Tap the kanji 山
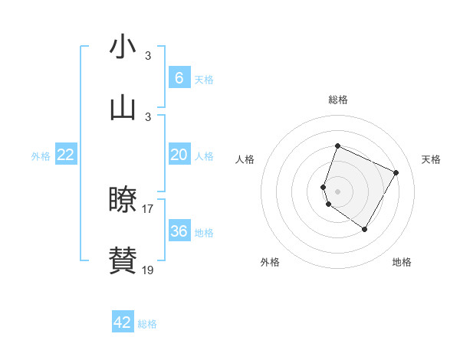click(123, 109)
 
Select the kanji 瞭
click(123, 201)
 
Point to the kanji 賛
click(123, 261)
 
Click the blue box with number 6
click(179, 77)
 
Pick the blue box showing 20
click(179, 155)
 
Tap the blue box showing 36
click(179, 231)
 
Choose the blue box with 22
click(65, 155)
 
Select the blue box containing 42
click(123, 322)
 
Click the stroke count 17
click(148, 208)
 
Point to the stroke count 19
click(148, 270)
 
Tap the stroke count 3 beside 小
click(148, 55)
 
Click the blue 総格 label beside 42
click(147, 324)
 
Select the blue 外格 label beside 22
click(41, 156)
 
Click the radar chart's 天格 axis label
click(431, 159)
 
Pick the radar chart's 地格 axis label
click(402, 263)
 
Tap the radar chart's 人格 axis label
click(245, 159)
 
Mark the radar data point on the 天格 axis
click(396, 172)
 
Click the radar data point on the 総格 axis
click(337, 146)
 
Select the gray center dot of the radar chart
click(337, 191)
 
